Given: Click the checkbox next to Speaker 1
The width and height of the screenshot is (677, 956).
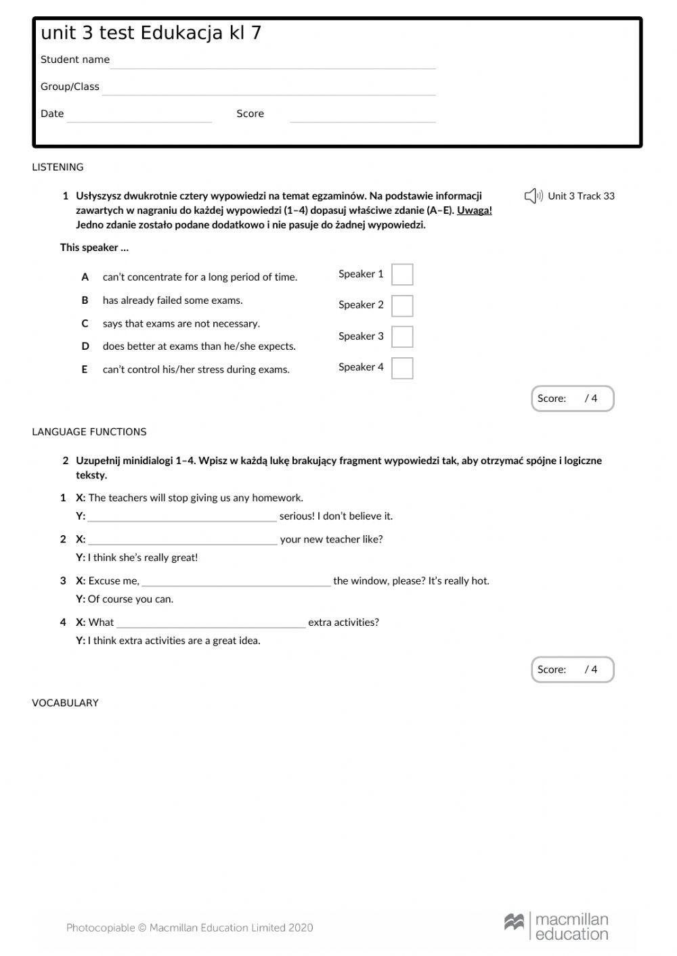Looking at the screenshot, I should tap(402, 275).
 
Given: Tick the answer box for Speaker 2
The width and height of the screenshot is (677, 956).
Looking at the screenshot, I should tap(402, 306).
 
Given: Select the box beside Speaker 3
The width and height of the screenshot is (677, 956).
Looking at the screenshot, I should tap(402, 337).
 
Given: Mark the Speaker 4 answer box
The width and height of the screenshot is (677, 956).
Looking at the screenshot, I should tap(402, 368).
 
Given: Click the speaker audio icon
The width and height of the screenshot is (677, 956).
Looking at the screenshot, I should tap(533, 196).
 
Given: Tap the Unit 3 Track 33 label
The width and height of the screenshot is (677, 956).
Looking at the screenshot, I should tap(581, 196).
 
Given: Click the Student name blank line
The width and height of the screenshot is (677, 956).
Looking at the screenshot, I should tap(273, 62).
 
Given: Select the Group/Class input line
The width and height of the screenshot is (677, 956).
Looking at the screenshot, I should tap(269, 89).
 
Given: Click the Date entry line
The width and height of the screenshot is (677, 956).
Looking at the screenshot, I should tap(139, 116).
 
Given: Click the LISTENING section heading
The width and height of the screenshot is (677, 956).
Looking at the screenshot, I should tap(58, 167).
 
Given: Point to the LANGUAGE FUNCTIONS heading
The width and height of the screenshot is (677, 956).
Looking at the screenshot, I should tap(89, 432).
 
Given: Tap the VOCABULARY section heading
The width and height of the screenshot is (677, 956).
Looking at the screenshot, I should tap(66, 703).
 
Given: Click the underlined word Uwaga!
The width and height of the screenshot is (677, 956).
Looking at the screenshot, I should tap(474, 210).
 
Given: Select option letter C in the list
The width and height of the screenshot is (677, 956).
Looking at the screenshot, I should tap(85, 323).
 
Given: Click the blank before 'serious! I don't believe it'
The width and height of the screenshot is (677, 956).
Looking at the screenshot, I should tap(182, 517).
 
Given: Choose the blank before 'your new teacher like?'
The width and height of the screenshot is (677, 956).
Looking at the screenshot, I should tap(183, 540).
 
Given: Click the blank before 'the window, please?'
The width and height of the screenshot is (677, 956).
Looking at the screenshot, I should tap(236, 581).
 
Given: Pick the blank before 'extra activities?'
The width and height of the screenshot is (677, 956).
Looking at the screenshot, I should tap(211, 623).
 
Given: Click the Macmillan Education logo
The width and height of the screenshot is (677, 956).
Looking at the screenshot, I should tap(556, 926).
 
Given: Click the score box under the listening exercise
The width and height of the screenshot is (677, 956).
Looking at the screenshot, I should tap(572, 399).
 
